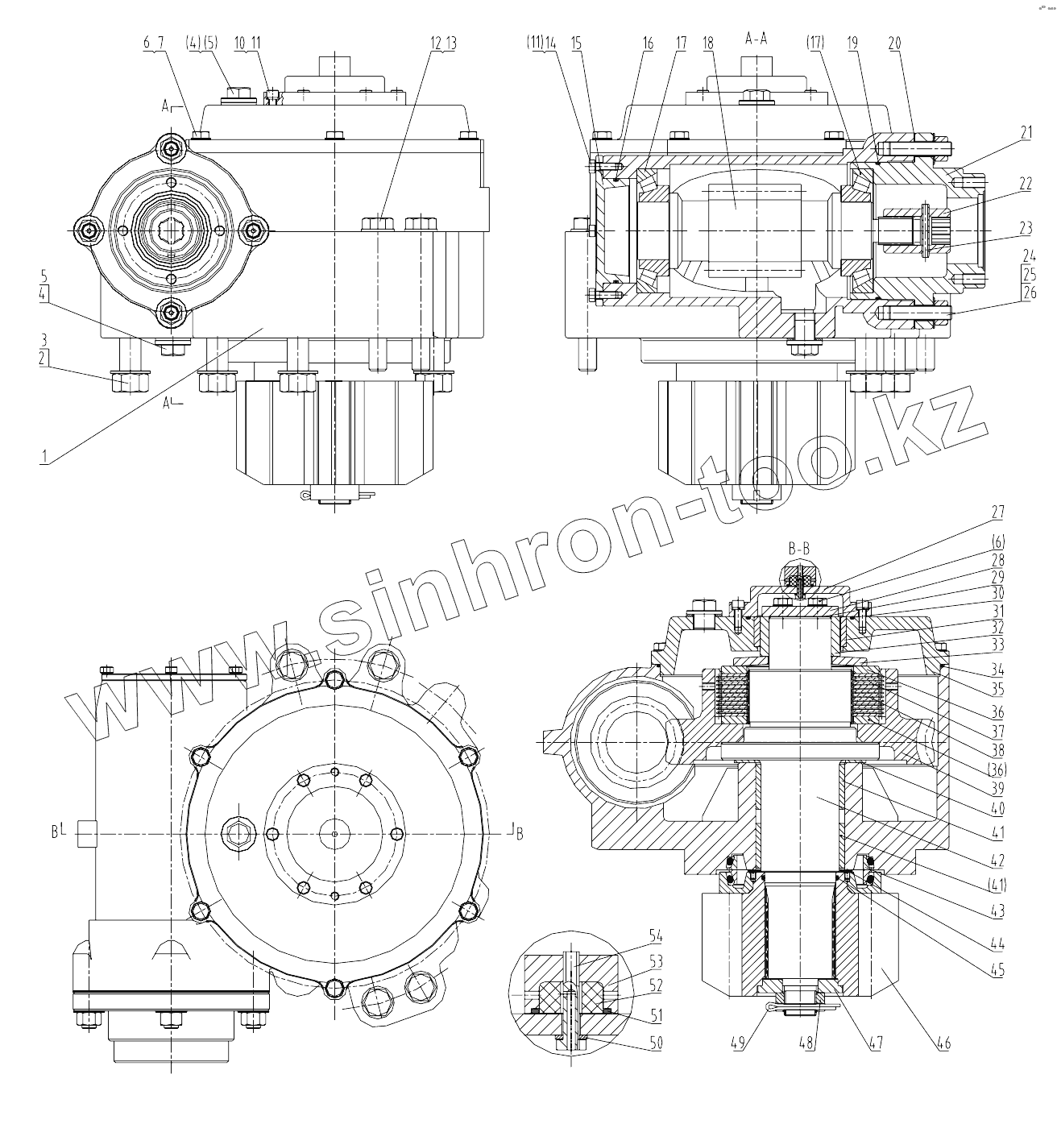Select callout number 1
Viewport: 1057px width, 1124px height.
point(45,456)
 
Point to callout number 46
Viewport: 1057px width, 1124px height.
point(943,1044)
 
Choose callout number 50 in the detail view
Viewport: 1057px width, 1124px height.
point(656,1043)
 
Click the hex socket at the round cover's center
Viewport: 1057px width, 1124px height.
point(172,231)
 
